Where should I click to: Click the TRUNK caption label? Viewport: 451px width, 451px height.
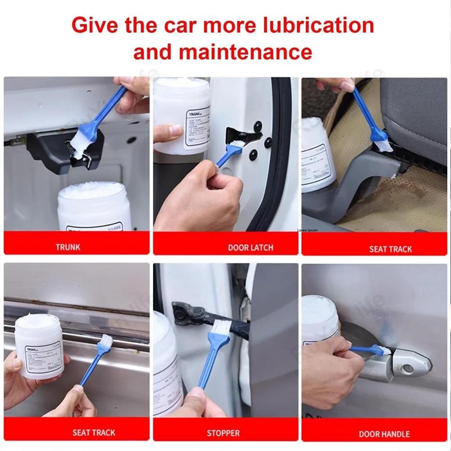[68, 247]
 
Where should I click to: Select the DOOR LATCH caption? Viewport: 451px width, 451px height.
[250, 248]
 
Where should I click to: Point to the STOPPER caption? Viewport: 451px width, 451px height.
[223, 433]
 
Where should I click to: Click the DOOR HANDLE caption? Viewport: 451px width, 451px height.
[384, 434]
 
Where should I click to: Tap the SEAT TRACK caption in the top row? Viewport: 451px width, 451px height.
[391, 249]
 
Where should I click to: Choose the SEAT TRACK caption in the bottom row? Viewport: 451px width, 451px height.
[94, 433]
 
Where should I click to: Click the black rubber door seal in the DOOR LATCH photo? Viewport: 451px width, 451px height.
[277, 180]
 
